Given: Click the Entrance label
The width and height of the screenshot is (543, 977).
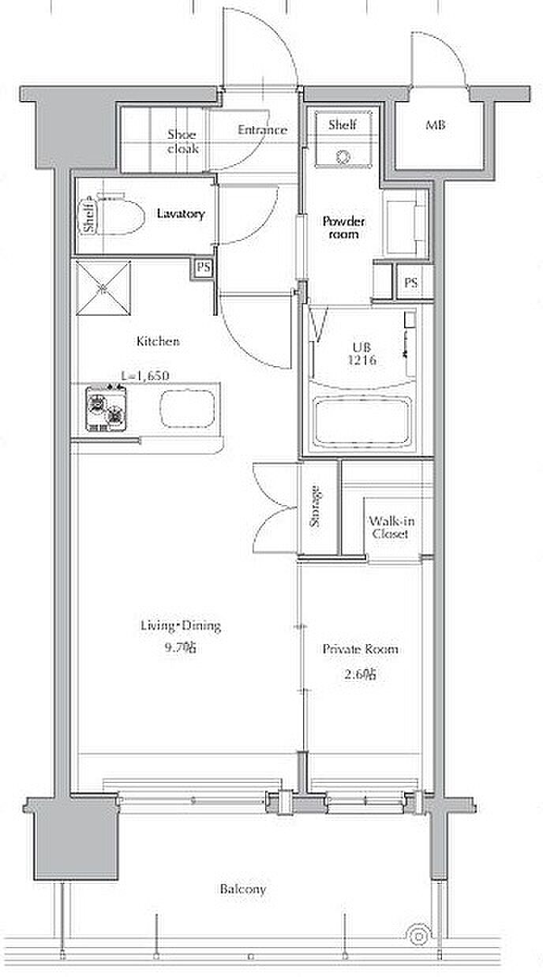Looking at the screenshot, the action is click(x=262, y=129).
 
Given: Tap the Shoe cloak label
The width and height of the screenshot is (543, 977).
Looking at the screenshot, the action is click(x=183, y=141).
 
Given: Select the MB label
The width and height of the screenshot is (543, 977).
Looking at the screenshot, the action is click(x=436, y=125).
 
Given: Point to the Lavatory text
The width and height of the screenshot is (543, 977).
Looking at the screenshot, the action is click(x=181, y=214).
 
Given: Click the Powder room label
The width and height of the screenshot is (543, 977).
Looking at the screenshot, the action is click(x=343, y=227).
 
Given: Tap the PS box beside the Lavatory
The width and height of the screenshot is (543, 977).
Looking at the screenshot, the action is click(x=204, y=268).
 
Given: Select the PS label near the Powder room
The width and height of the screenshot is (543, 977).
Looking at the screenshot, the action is click(x=411, y=283).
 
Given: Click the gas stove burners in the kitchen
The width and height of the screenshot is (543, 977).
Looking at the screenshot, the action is click(x=106, y=409).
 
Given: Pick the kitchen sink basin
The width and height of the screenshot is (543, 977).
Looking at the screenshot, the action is click(x=188, y=409).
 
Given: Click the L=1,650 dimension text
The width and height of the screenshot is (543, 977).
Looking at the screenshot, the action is click(x=144, y=376).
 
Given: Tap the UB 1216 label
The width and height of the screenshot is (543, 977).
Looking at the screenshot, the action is click(x=361, y=354).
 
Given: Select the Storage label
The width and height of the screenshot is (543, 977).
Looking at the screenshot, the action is click(x=315, y=506).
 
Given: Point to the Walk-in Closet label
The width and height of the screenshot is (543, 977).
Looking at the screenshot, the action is click(x=391, y=527).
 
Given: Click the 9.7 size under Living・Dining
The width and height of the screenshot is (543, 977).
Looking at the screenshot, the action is click(x=180, y=648).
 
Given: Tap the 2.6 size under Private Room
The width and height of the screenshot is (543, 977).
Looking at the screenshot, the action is click(x=360, y=674).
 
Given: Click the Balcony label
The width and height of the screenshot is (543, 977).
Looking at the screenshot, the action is click(x=243, y=889).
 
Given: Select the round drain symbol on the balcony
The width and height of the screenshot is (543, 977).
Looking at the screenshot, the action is click(x=418, y=935).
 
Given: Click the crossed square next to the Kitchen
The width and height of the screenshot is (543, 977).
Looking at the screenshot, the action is click(x=103, y=288).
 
